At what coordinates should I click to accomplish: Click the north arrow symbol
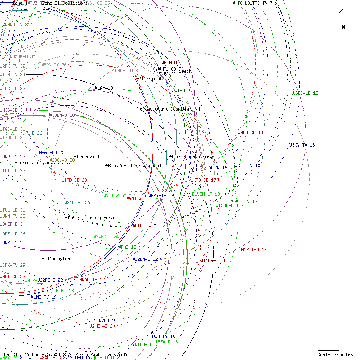click(343, 17)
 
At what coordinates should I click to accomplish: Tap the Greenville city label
click(89, 157)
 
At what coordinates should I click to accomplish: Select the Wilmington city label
click(57, 259)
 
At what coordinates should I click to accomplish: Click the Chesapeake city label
click(152, 79)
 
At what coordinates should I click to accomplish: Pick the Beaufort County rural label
click(134, 166)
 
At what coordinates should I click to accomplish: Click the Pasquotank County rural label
click(171, 109)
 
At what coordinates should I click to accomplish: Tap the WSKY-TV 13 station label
click(302, 145)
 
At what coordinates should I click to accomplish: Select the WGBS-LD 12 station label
click(305, 93)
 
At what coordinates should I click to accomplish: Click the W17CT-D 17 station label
click(254, 249)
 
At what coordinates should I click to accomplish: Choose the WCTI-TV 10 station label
click(247, 166)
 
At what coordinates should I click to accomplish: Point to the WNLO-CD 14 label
click(250, 133)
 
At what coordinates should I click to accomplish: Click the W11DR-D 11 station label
click(213, 260)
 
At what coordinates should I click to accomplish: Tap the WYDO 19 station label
click(108, 321)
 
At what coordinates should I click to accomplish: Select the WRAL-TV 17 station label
click(92, 280)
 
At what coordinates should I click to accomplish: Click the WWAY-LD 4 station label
click(106, 88)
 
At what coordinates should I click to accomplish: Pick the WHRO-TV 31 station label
click(17, 25)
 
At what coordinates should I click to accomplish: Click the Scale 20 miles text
click(335, 354)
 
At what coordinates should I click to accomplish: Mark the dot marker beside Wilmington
click(43, 259)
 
